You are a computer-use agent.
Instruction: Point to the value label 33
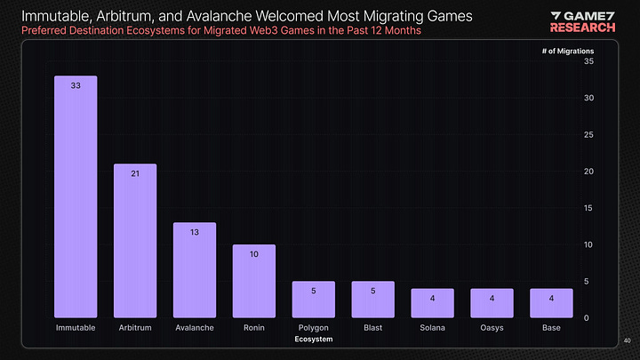point(76,86)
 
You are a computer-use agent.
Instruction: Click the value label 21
point(135,174)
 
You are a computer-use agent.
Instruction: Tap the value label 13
point(194,233)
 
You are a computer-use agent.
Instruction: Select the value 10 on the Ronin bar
point(253,255)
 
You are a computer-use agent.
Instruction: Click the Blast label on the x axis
point(372,328)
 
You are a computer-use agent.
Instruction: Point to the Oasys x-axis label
point(492,328)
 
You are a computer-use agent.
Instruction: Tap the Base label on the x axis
point(551,328)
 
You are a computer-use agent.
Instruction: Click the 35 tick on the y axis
point(588,61)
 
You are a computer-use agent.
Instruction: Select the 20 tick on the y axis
point(588,172)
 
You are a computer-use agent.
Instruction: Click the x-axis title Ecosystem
point(313,340)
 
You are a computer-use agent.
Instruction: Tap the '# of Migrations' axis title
point(567,51)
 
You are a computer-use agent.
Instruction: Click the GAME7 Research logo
point(583,20)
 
